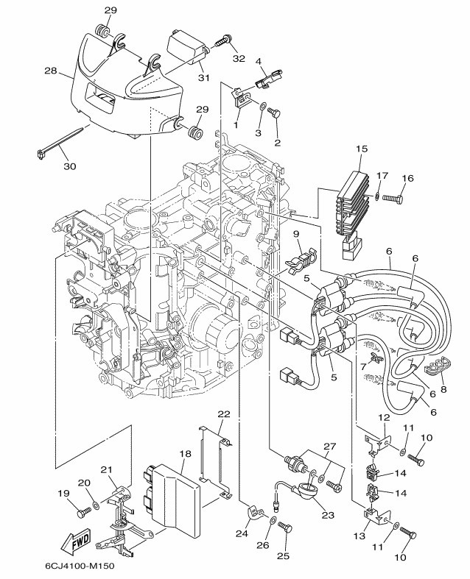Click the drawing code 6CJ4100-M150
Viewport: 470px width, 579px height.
coord(80,566)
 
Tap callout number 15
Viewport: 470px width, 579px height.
coord(362,149)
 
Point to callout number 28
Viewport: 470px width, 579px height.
coord(51,70)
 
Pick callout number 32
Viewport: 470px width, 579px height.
coord(239,58)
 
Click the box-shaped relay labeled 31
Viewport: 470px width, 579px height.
coord(187,47)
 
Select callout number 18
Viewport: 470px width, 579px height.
coord(185,453)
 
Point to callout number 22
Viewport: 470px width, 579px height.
coord(224,414)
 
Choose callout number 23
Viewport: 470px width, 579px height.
coord(328,515)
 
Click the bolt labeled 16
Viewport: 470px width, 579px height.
coord(393,199)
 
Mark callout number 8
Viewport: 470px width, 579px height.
coord(443,389)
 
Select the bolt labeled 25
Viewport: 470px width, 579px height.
coord(285,525)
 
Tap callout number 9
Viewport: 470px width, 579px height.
coord(295,233)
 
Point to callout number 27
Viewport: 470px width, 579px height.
coord(329,447)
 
